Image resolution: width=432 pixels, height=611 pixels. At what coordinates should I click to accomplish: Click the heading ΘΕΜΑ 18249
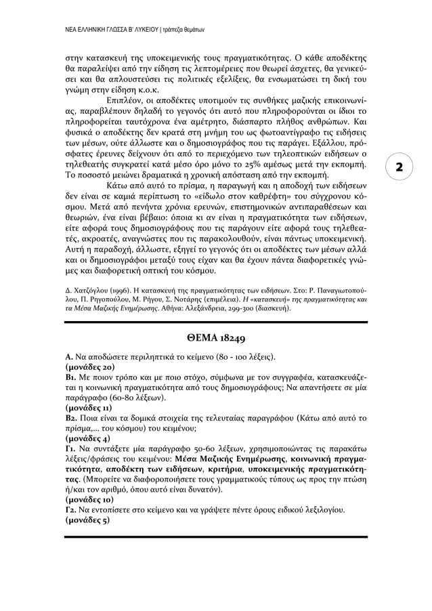[215, 339]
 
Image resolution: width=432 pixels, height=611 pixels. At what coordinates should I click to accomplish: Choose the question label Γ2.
[70, 509]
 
